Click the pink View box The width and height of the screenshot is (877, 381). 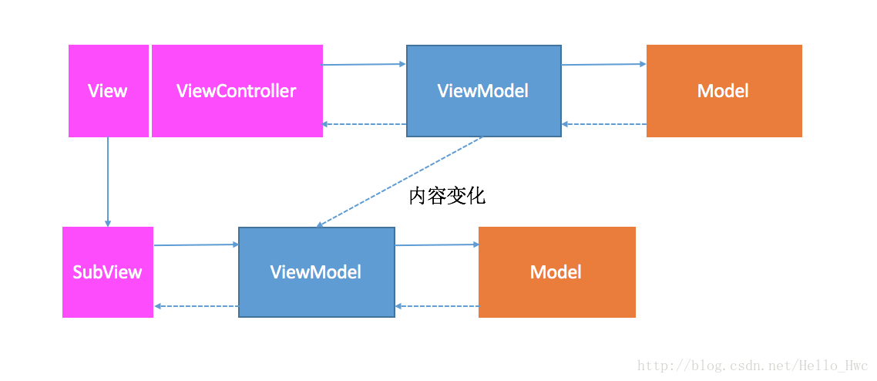point(109,91)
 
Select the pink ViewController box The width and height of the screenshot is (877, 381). point(237,91)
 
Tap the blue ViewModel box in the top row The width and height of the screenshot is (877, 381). point(484,91)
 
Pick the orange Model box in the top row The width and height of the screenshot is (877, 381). point(724,91)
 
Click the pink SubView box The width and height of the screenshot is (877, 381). point(108,272)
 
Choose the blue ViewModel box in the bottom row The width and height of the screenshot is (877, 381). point(317,272)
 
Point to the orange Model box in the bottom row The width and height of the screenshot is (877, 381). point(557,272)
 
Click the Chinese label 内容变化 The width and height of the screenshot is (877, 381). point(448,197)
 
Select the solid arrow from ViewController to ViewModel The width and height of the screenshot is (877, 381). point(364,64)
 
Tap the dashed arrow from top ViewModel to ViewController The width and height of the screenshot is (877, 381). point(364,124)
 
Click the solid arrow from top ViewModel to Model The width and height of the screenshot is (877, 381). point(604,64)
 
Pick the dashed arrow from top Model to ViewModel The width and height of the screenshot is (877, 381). point(604,124)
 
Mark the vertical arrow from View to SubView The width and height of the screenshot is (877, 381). point(108,182)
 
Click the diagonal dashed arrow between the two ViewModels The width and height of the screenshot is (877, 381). point(400,182)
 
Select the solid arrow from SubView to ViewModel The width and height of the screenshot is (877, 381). point(196,244)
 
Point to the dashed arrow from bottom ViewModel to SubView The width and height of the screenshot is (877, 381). point(196,306)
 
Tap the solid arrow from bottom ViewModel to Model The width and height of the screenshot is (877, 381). point(437,244)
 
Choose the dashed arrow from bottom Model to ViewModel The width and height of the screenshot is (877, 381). point(437,306)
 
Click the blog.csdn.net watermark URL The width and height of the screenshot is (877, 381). point(753,366)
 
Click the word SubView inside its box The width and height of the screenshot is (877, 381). point(108,272)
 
